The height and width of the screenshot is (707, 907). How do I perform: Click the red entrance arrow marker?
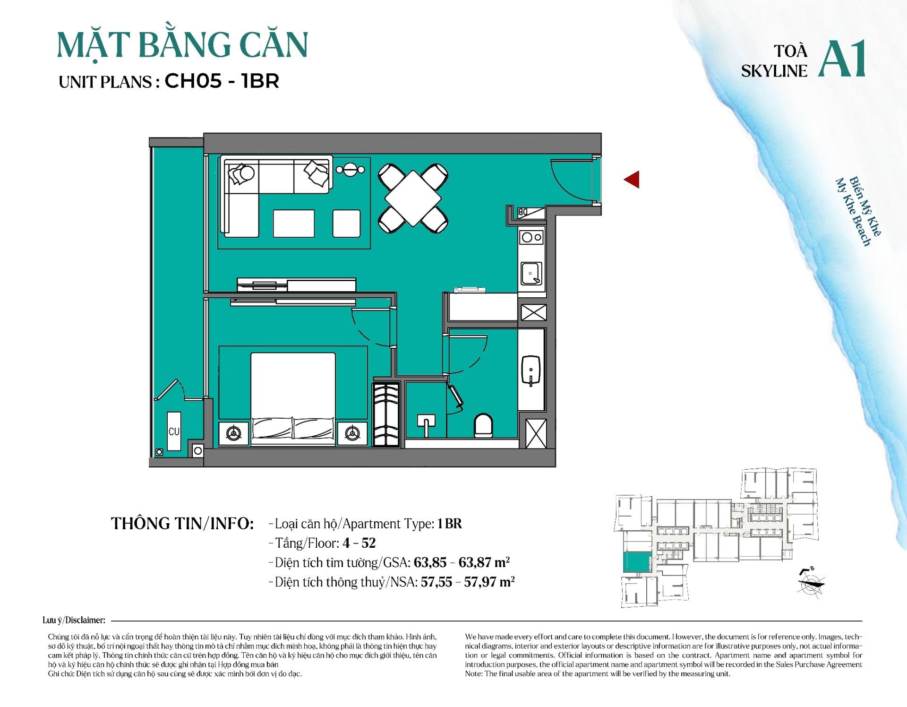click(632, 180)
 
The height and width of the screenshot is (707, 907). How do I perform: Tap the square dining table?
click(413, 198)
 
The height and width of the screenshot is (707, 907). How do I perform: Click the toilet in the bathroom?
click(483, 425)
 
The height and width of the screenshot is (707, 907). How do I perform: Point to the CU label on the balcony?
click(174, 431)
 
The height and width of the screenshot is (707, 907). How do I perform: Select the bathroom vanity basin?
click(531, 371)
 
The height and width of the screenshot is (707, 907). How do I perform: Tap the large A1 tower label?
click(842, 59)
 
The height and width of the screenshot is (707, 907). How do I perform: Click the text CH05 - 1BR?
click(222, 81)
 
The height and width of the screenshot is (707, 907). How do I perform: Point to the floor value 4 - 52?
click(359, 543)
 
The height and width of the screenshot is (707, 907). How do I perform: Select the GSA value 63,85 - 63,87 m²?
click(462, 562)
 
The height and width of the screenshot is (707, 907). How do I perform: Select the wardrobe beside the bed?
click(386, 415)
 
